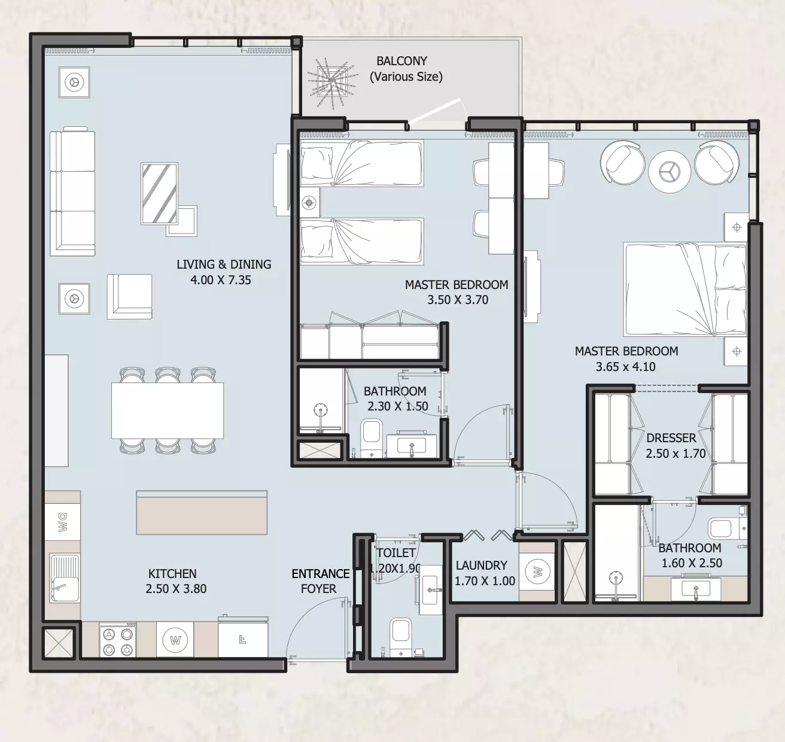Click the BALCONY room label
coord(401,61)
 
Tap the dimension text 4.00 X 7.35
coord(220,280)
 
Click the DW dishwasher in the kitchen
coord(62,522)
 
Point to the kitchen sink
coord(64,577)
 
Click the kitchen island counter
coord(202,512)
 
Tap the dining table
coord(168,410)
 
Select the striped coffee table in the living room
coord(159,193)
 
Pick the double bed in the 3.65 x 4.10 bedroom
coord(685,290)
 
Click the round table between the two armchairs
coord(670,172)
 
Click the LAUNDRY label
coord(482,565)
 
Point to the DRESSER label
coord(671,437)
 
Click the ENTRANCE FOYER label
coord(320,581)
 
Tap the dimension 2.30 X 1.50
coord(398,406)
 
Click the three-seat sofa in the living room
coord(72,191)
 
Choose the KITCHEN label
coord(172,573)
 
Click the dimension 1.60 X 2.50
coord(692,563)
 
